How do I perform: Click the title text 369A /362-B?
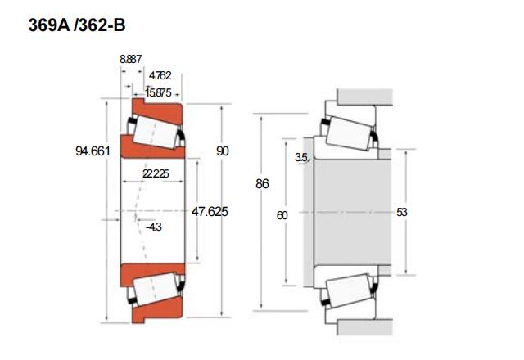(77, 25)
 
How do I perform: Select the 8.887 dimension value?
(131, 59)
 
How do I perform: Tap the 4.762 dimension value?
(160, 75)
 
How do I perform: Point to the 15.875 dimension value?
(158, 92)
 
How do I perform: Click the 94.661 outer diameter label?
(93, 151)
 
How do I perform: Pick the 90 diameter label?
(223, 151)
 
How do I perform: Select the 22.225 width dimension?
(156, 173)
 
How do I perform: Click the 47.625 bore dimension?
(210, 211)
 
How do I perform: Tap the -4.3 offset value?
(154, 227)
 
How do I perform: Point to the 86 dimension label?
(262, 183)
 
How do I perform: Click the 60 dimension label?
(282, 215)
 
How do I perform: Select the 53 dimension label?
(402, 212)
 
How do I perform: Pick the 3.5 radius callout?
(301, 157)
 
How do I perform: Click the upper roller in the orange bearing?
(155, 132)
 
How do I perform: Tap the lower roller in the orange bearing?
(155, 289)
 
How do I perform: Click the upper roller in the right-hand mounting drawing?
(349, 133)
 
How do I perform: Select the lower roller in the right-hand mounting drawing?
(349, 290)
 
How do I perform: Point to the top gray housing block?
(365, 97)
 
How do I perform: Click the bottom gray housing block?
(365, 327)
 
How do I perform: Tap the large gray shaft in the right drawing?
(353, 212)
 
